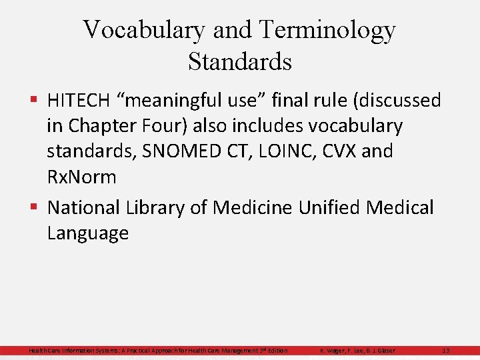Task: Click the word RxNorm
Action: (81, 177)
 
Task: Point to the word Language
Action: (88, 233)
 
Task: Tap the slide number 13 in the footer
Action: (446, 351)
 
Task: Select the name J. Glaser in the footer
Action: (381, 351)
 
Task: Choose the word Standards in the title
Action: (240, 61)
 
